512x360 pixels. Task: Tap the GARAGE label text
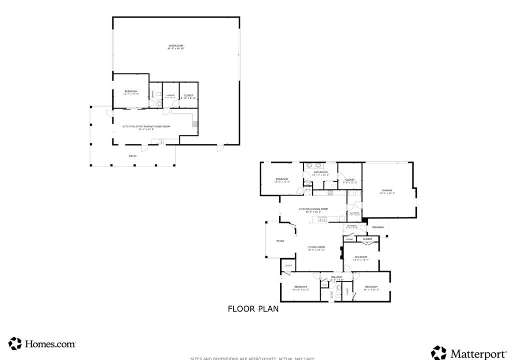click(x=387, y=190)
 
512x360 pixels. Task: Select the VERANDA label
click(x=378, y=227)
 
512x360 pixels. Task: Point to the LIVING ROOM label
click(x=316, y=247)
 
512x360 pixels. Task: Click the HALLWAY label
click(x=336, y=277)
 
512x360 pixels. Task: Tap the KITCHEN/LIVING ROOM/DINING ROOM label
click(x=146, y=126)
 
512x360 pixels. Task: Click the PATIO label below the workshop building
click(x=133, y=156)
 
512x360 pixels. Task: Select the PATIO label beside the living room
click(x=280, y=241)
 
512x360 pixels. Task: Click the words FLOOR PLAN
click(x=253, y=309)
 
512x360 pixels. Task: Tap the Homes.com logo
click(x=43, y=343)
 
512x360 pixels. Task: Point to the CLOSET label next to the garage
click(x=349, y=180)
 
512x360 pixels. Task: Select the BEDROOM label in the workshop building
click(x=131, y=91)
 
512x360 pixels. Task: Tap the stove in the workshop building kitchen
click(x=195, y=123)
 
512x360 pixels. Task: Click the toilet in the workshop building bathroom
click(x=158, y=104)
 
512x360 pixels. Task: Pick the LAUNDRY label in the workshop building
click(x=170, y=95)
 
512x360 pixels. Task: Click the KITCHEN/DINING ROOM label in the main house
click(x=313, y=209)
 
